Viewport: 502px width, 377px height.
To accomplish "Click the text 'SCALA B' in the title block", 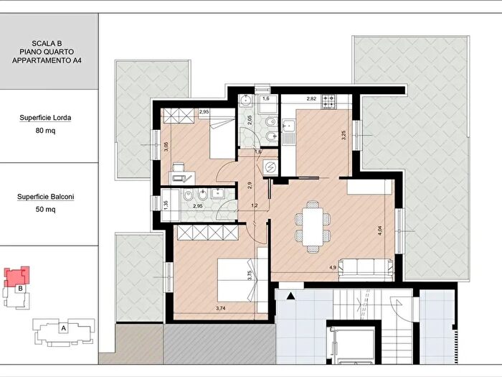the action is click(x=47, y=43).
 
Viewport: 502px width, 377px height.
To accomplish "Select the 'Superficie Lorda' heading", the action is click(x=45, y=118).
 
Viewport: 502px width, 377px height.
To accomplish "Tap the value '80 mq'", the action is click(x=45, y=131).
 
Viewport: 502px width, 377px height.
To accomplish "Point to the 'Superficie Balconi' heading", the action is click(x=45, y=197).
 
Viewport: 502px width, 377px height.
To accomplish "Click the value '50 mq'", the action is click(x=45, y=210).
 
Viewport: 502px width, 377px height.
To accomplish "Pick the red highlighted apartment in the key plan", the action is click(x=17, y=276).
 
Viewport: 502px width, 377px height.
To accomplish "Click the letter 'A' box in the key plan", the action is click(x=63, y=328).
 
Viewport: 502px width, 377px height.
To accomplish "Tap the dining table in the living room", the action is click(x=313, y=226).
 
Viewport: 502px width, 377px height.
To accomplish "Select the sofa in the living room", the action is click(x=366, y=269).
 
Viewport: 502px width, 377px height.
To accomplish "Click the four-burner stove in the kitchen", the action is click(x=328, y=102).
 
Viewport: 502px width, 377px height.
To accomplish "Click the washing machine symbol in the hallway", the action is click(x=270, y=167).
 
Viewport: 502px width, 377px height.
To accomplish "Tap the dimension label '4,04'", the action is click(x=380, y=231).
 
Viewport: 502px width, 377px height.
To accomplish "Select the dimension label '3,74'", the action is click(x=221, y=308).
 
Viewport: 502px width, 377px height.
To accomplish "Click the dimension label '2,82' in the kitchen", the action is click(x=311, y=99).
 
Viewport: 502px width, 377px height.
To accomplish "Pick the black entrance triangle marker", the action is click(x=290, y=296).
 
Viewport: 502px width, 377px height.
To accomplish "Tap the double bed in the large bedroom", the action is click(x=237, y=280).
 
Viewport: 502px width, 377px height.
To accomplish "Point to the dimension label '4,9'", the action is click(x=333, y=267).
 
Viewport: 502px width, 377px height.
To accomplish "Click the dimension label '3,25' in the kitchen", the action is click(x=344, y=135).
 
